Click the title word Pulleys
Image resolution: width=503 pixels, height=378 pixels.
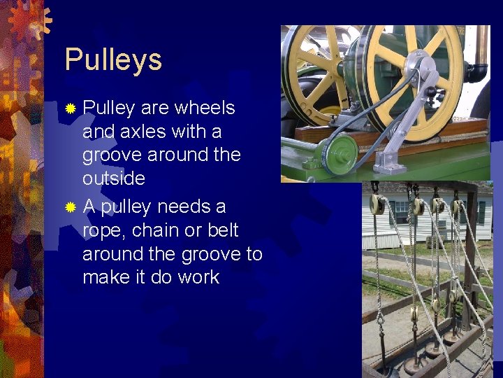tap(113, 60)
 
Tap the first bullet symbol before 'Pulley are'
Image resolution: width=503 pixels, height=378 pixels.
tap(70, 109)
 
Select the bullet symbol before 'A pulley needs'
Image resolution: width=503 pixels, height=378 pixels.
tap(70, 208)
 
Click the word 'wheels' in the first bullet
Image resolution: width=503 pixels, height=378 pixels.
tap(205, 108)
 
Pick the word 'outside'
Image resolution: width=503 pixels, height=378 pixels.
tap(114, 178)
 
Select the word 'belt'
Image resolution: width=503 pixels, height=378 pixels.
tap(224, 230)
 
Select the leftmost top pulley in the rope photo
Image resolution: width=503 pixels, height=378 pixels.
tap(376, 204)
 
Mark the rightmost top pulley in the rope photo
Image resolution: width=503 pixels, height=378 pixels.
tap(457, 207)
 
